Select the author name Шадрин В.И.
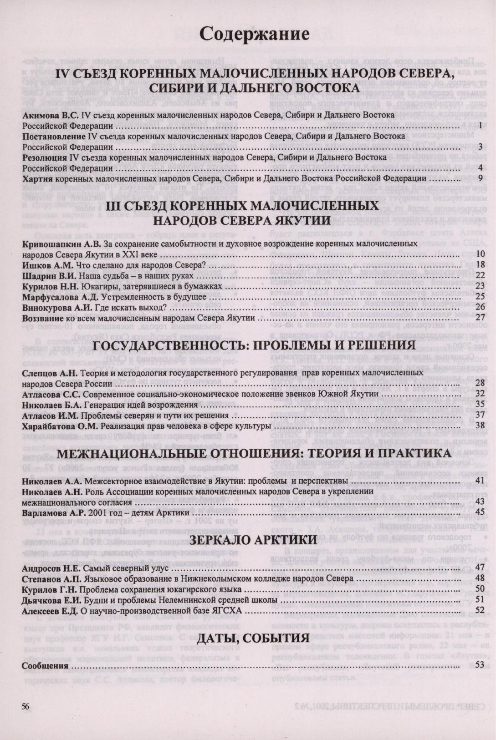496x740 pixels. pos(49,275)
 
